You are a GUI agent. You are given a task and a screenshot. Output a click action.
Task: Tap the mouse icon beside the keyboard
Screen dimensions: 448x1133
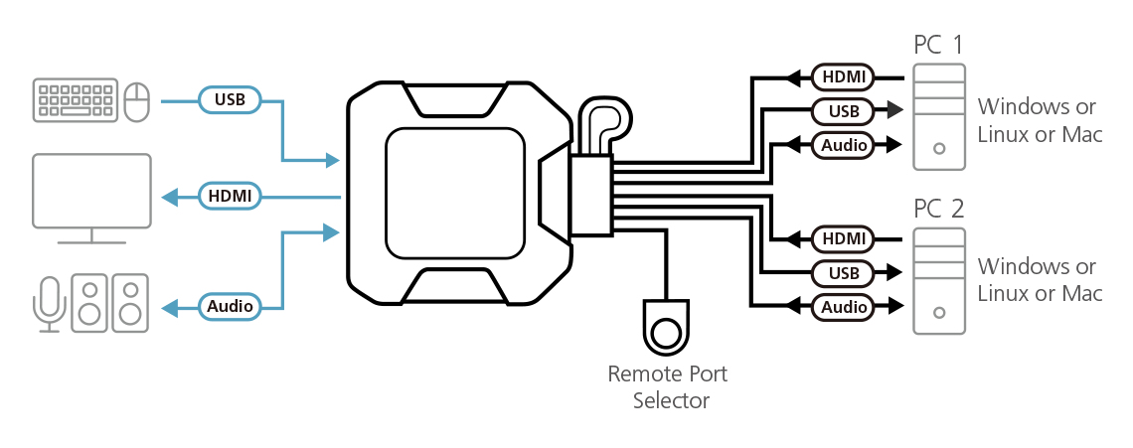(x=138, y=100)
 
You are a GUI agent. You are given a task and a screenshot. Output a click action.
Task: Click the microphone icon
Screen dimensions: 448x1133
(x=49, y=301)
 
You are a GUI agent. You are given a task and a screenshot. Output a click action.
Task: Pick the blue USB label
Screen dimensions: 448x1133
(x=230, y=99)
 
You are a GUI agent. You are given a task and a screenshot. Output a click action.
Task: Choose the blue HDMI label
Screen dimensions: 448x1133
(x=230, y=197)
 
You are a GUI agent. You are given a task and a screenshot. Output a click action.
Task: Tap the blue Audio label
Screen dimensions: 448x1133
(x=230, y=306)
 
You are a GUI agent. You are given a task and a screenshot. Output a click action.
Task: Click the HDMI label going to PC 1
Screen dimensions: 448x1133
(x=843, y=76)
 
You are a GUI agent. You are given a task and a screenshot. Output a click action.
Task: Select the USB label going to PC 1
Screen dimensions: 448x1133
(x=843, y=110)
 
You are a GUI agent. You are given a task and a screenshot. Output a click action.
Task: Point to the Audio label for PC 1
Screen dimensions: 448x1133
(x=843, y=145)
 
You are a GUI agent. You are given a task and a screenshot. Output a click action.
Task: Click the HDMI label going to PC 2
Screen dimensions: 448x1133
(x=843, y=239)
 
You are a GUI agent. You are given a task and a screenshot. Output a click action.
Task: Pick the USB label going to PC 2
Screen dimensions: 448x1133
(x=843, y=273)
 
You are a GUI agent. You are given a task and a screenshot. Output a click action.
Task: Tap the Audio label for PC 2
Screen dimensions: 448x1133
(x=843, y=307)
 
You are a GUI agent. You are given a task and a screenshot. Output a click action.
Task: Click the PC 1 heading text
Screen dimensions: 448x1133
(x=937, y=45)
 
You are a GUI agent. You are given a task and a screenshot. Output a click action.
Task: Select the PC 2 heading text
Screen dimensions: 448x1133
(x=937, y=209)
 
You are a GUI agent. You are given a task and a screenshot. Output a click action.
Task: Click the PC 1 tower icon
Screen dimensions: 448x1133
(x=939, y=115)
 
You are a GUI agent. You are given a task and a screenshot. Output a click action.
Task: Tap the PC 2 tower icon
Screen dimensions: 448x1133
(x=939, y=280)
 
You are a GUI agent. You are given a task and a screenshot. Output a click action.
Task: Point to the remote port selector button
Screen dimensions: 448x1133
(x=665, y=329)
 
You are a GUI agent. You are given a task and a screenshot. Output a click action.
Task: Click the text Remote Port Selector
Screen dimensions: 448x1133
(x=667, y=387)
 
